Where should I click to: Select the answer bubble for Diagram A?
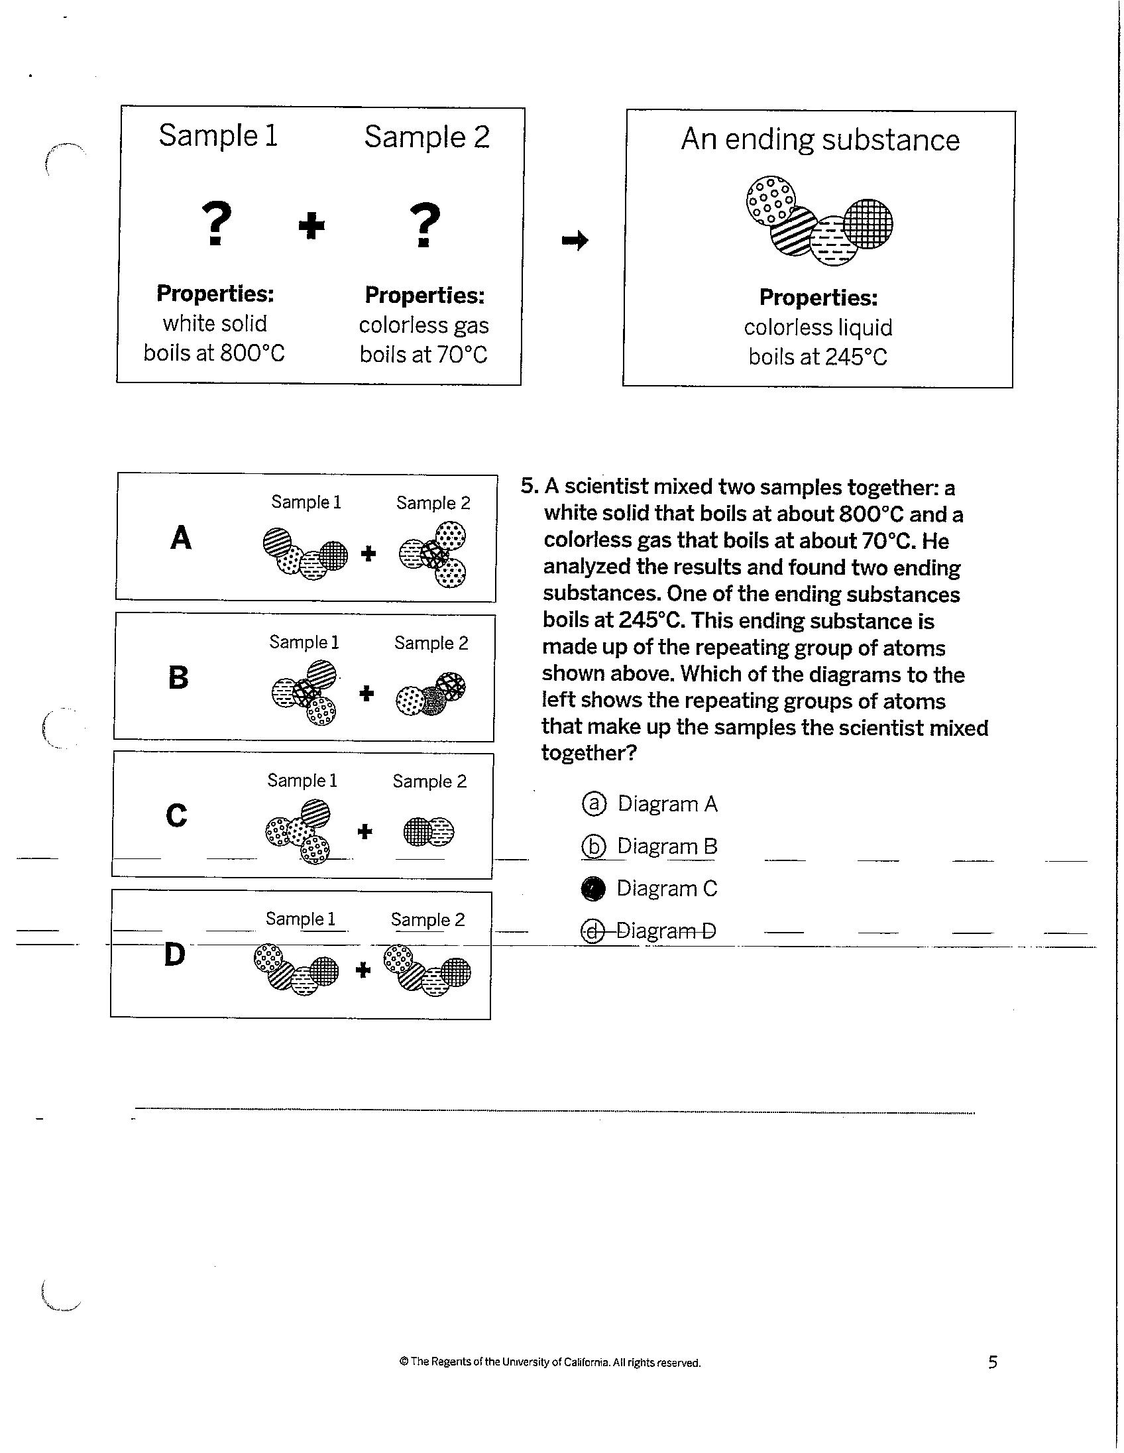594,803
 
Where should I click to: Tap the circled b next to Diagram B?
593,846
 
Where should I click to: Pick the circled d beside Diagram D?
592,931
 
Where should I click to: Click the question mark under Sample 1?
217,224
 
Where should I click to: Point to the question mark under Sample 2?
425,225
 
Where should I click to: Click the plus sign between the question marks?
311,226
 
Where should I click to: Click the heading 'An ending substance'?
820,140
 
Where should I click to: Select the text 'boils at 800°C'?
214,353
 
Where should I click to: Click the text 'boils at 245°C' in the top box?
817,357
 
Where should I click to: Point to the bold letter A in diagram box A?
181,538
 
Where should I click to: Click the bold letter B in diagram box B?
178,678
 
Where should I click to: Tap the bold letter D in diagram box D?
174,955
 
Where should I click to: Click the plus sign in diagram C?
365,831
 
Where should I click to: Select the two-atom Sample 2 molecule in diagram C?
429,831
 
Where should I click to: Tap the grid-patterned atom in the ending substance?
869,223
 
